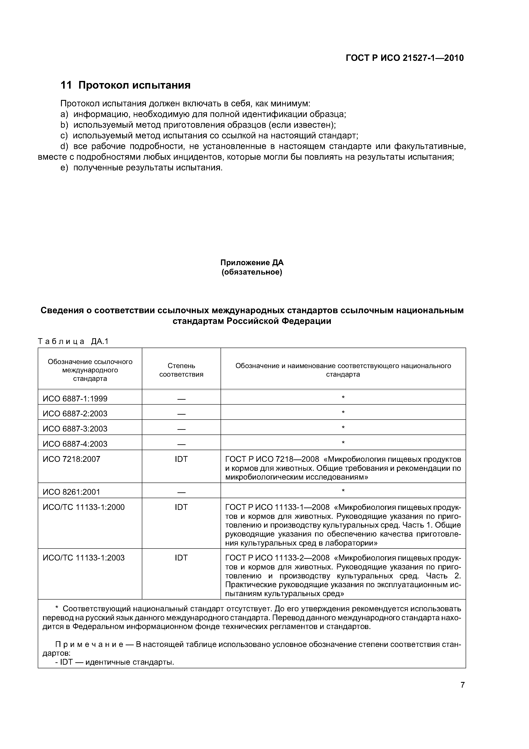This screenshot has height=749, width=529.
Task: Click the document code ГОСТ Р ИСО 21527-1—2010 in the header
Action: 404,58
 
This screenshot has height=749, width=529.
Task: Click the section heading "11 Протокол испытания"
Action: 125,85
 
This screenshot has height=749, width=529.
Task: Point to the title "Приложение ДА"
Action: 252,263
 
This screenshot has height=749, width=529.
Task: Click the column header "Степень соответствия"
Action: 181,370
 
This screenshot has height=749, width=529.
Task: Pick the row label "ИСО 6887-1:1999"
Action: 75,399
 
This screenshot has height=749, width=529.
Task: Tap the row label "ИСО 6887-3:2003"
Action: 75,429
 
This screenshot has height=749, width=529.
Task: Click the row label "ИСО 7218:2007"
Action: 71,459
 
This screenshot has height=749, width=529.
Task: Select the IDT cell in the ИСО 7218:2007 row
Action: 181,459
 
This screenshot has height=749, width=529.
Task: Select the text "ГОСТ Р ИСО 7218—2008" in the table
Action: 272,459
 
